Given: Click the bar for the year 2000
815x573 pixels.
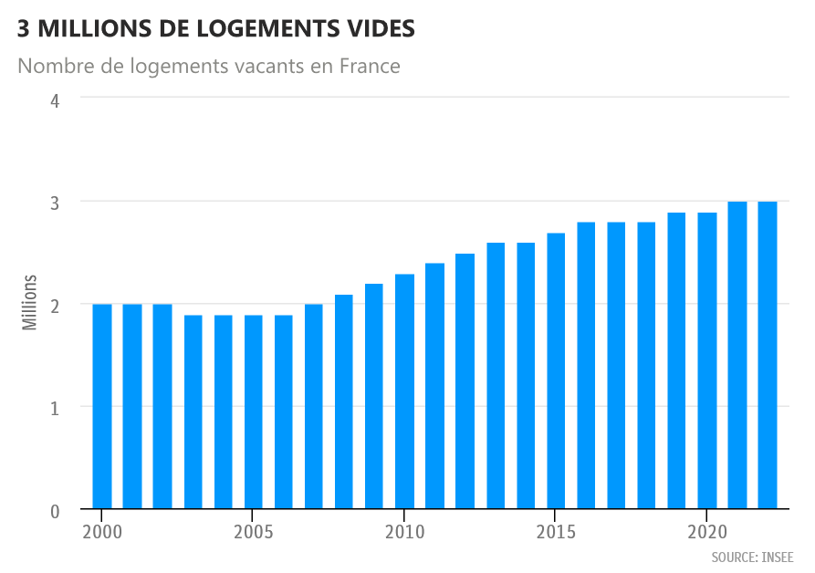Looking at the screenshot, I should coord(102,406).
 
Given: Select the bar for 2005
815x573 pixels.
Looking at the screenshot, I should coord(254,412).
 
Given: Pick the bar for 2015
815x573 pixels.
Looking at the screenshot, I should coord(556,370).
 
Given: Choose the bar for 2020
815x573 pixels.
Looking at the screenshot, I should coord(707,360).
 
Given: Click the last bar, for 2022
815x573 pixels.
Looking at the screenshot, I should coord(768,355).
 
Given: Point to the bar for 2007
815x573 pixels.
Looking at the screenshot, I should coord(314,406).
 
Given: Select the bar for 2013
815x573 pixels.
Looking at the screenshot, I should coord(496,375).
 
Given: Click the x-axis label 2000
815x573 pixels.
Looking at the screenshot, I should coord(102,532).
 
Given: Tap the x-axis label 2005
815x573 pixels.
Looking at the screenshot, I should coord(254,532).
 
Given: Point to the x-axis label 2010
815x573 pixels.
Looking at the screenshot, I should coord(404,532).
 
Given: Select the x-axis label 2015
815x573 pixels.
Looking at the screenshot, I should coord(556,532).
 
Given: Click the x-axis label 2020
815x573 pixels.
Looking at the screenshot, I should coord(707,532).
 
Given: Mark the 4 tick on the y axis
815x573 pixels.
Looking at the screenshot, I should coord(55,99).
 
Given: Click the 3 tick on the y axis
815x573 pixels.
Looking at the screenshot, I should coord(55,203).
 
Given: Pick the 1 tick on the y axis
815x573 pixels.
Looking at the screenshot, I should coord(55,408).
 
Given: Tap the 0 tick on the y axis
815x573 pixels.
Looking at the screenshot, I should coord(55,511).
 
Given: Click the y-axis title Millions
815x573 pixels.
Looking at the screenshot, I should coord(31,301).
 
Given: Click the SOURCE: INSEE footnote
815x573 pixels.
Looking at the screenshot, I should coord(752,557).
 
